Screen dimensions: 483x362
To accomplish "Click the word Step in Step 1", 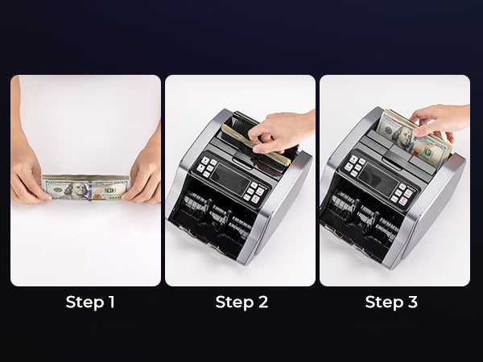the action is (85, 302).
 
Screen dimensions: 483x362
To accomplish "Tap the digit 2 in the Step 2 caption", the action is (262, 302).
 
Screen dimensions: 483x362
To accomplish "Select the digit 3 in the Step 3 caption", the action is (412, 302).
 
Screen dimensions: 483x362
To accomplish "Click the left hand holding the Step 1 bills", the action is (27, 172).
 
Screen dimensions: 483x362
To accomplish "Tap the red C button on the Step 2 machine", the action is (255, 200).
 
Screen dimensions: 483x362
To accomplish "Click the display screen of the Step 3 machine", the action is (378, 179).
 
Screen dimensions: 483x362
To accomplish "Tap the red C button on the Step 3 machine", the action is (403, 201).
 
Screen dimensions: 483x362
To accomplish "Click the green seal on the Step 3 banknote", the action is (428, 152).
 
